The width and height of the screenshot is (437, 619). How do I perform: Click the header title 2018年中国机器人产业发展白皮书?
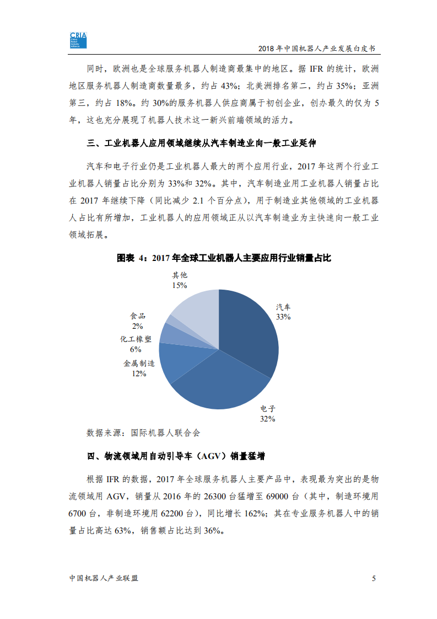coord(314,49)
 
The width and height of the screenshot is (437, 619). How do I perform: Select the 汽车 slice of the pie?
coord(248,331)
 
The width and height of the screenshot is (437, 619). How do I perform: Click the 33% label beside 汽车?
coord(283,317)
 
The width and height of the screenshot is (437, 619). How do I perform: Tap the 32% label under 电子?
coord(268,419)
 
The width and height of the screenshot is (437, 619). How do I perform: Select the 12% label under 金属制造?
coord(139,373)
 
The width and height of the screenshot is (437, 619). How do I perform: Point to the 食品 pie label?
coord(138,316)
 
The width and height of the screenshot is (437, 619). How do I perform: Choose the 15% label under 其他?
coord(180,285)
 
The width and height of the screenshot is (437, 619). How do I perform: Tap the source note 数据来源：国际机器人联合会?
coord(143,433)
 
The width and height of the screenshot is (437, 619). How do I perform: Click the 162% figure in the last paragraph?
coord(252,513)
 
